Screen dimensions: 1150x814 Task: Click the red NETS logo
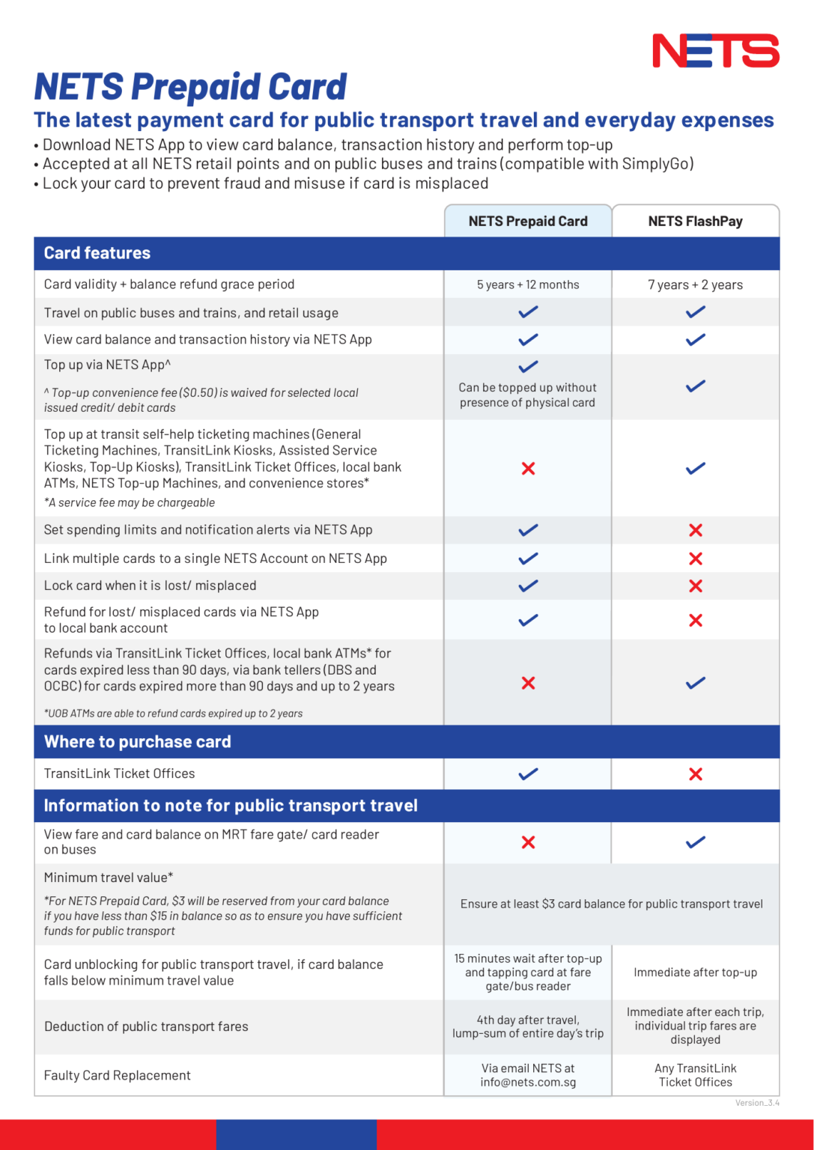point(715,51)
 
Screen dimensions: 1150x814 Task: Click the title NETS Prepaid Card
point(190,87)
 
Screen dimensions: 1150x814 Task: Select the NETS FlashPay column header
point(695,221)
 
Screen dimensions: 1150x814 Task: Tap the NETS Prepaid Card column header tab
point(528,221)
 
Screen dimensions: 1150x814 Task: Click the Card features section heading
point(97,253)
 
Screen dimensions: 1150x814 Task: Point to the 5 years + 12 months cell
point(528,285)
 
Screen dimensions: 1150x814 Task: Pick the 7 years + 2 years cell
point(695,285)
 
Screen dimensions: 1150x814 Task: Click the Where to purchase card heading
point(138,742)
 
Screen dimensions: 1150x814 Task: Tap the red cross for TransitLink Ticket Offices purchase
point(696,774)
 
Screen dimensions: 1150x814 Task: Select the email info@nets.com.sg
point(528,1082)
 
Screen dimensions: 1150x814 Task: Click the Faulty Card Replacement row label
point(118,1075)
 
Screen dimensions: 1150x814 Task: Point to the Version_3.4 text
point(757,1103)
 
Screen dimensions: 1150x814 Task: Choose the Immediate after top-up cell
point(695,973)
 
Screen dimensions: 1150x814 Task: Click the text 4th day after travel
point(528,1020)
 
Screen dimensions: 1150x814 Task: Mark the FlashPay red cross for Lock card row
point(696,585)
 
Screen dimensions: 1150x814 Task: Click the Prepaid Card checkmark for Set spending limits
point(528,530)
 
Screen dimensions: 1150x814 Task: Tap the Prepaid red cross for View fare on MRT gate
point(528,842)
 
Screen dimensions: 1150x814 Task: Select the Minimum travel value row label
point(109,877)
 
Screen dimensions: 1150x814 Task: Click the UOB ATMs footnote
point(174,714)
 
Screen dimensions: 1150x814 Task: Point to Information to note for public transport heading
point(231,806)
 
